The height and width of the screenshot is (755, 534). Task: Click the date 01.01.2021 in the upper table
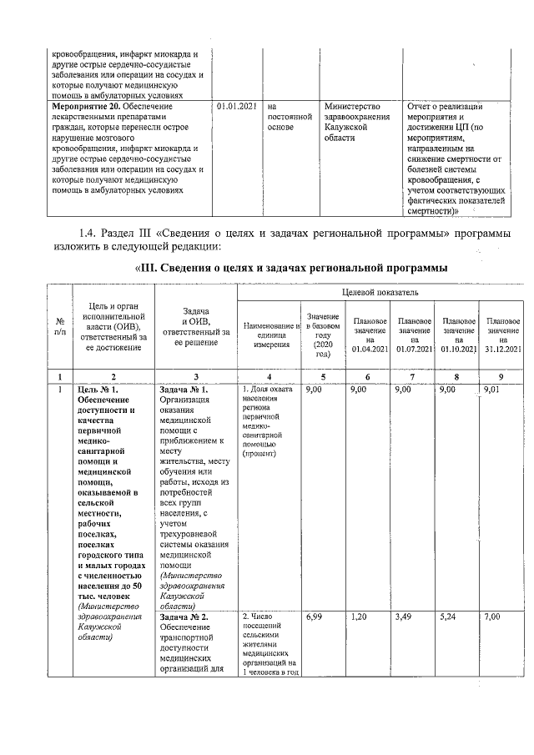236,107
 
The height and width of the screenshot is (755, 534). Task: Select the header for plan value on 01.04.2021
370,334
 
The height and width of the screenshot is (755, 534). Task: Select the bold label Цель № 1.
98,389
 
